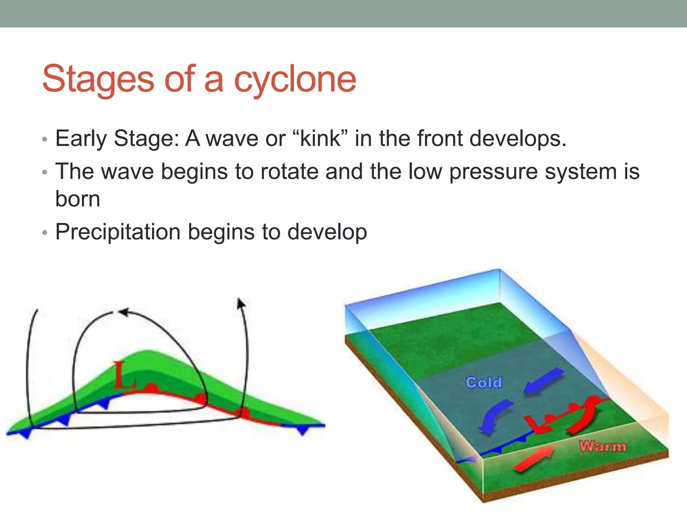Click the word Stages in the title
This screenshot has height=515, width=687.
coord(98,79)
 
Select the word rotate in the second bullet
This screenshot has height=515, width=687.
coord(289,172)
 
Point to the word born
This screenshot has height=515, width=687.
coord(77,199)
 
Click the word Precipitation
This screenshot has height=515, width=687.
coord(118,232)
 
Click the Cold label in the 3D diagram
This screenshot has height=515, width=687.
coord(483,382)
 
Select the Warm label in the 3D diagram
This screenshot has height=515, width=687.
coord(602,446)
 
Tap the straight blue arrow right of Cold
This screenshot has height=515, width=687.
coord(543,381)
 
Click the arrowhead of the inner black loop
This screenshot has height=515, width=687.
coord(123,312)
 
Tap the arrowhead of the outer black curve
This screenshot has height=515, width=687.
coord(241,303)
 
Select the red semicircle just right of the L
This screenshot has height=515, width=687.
coord(152,388)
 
